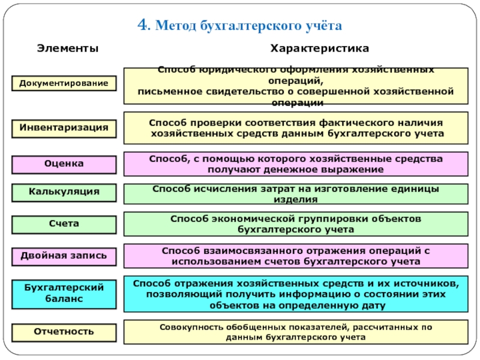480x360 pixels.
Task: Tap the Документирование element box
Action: tap(64, 83)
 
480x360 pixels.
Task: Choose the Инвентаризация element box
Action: tap(64, 128)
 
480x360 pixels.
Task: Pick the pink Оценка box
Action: tap(64, 163)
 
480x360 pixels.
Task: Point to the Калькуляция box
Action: tap(64, 192)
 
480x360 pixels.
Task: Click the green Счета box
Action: tap(64, 223)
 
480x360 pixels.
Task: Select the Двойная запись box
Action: tap(64, 256)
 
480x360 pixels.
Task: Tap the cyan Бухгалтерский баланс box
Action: tap(64, 293)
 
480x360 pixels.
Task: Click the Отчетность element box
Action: tap(64, 331)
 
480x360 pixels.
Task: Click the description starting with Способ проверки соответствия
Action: tap(296, 128)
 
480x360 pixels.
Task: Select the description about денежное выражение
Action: tap(296, 164)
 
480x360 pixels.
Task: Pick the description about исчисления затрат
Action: tap(296, 194)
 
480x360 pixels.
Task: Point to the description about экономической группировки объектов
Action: tap(296, 223)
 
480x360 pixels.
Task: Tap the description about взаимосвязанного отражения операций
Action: tap(296, 256)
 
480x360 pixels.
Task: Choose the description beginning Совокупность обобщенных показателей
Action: tap(296, 332)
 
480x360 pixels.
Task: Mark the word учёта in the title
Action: tap(321, 26)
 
